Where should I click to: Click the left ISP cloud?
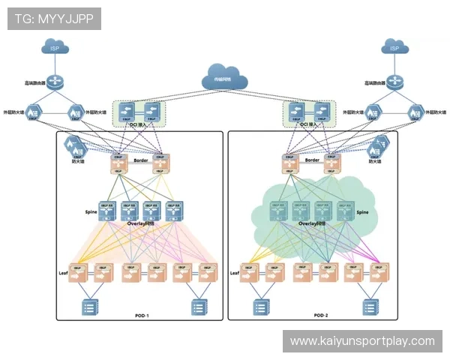click(54, 47)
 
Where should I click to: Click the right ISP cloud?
click(395, 47)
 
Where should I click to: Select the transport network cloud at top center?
click(224, 78)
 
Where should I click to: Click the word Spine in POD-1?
click(92, 212)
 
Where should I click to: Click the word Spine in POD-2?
click(363, 212)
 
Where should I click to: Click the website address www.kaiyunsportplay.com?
click(362, 341)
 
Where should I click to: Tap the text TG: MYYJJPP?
click(55, 18)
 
